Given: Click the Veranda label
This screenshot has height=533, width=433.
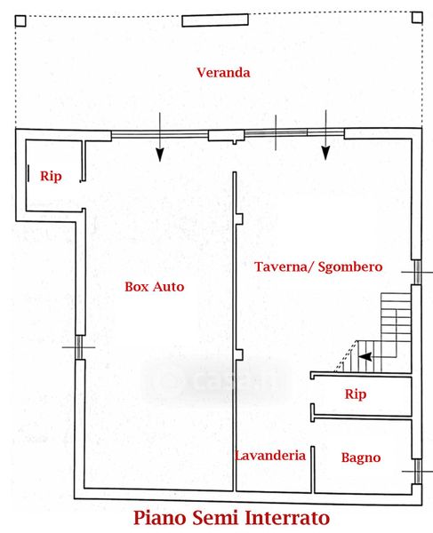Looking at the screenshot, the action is (x=223, y=73).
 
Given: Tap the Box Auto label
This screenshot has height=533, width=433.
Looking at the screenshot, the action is (x=155, y=287).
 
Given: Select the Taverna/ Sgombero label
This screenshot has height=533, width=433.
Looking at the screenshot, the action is (x=318, y=266).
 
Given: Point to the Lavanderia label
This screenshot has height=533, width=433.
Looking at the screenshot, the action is (x=270, y=456).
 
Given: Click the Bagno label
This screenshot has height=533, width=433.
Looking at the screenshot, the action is (x=361, y=457).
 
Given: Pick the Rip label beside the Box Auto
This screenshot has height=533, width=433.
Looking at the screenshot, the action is (x=51, y=177).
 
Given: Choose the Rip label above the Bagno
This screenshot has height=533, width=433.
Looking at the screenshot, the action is (x=356, y=394).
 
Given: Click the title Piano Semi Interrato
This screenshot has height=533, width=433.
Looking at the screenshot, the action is (x=231, y=518).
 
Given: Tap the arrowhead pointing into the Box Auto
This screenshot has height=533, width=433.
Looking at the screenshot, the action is (x=160, y=155).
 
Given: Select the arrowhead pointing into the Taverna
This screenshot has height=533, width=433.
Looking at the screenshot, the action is (x=325, y=153).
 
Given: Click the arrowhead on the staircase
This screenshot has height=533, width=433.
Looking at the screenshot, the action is (x=365, y=357).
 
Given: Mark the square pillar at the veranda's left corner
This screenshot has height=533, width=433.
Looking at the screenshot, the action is (x=20, y=21).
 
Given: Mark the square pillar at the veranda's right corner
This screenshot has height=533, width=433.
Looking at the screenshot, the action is (x=417, y=17).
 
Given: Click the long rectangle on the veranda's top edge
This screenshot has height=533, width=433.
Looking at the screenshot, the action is (x=215, y=20).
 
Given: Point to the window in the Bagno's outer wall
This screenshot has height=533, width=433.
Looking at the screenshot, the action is (x=417, y=472).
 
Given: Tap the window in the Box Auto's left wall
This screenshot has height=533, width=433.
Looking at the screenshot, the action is (x=79, y=347).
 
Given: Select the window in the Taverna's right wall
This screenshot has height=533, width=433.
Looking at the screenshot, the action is (x=417, y=273).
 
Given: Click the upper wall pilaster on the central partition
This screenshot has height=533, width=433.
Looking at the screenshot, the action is (x=239, y=219).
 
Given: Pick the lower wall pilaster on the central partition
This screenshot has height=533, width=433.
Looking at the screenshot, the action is (x=239, y=354).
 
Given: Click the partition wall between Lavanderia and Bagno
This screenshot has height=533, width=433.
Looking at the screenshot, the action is (x=313, y=469).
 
